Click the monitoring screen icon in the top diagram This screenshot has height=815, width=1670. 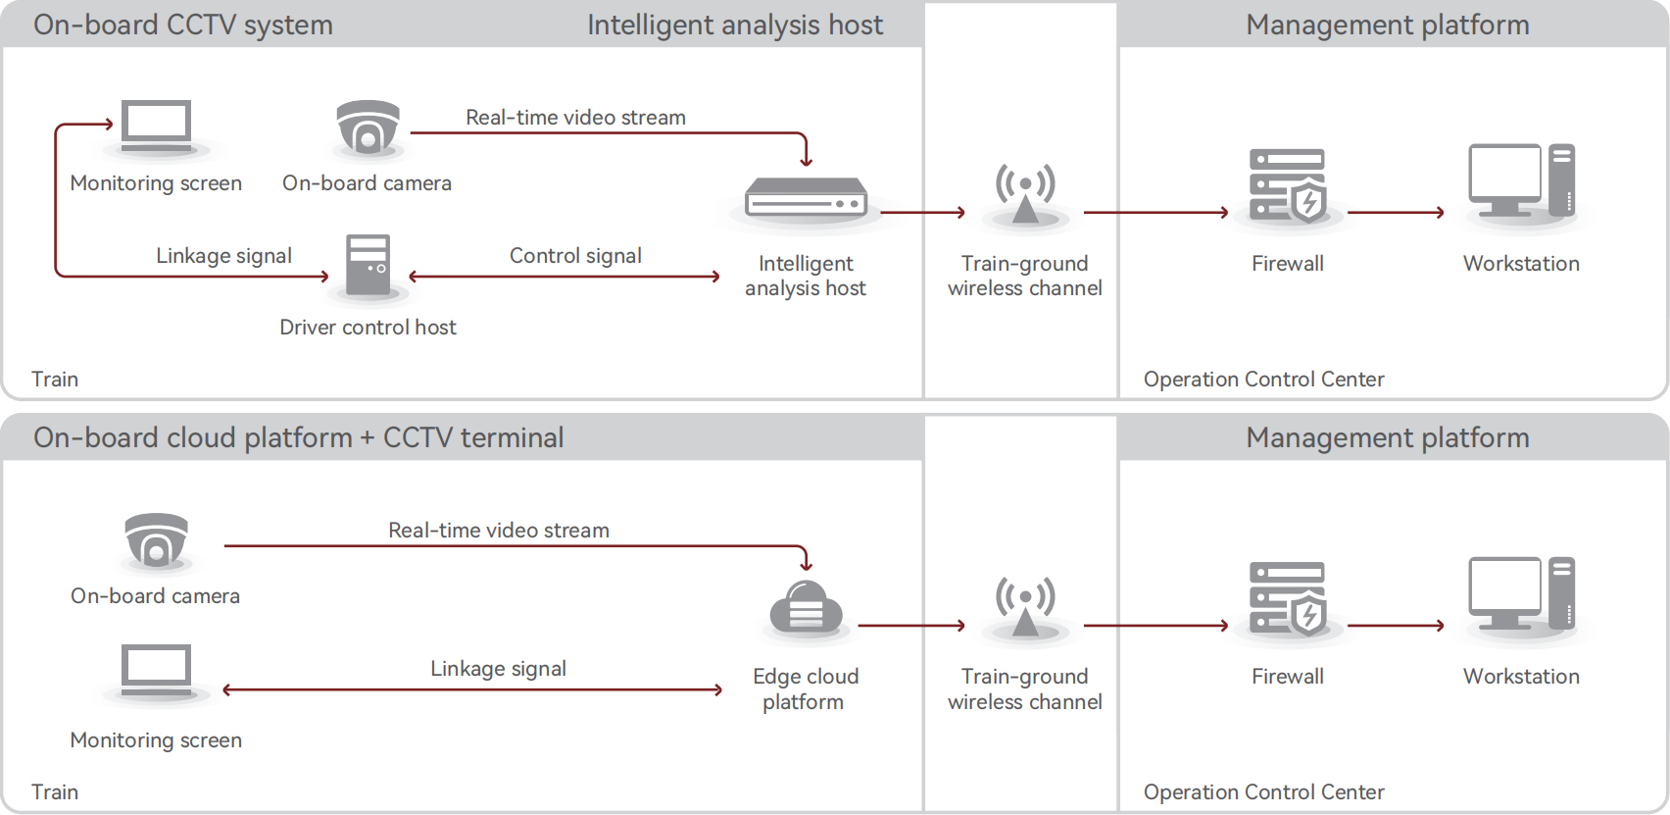click(157, 127)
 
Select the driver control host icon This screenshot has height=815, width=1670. click(368, 265)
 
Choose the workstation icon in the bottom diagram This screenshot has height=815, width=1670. click(1521, 593)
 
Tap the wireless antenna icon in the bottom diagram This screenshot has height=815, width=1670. click(1025, 606)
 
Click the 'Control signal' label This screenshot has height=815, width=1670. click(575, 256)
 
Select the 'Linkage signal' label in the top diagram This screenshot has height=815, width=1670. click(223, 256)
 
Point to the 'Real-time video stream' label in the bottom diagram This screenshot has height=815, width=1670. click(499, 531)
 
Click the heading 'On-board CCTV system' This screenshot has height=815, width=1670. click(183, 25)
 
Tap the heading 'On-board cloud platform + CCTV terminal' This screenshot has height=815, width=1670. click(299, 437)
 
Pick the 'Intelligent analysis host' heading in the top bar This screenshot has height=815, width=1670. click(735, 25)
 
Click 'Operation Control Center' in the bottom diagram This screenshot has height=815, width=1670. click(1263, 792)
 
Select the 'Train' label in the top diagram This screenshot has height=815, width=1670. click(55, 380)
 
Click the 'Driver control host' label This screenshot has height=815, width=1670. click(368, 328)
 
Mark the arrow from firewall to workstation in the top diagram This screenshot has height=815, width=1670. click(1396, 212)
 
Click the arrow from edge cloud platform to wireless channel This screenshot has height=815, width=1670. click(911, 625)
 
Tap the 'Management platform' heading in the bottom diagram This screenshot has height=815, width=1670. click(1387, 437)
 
